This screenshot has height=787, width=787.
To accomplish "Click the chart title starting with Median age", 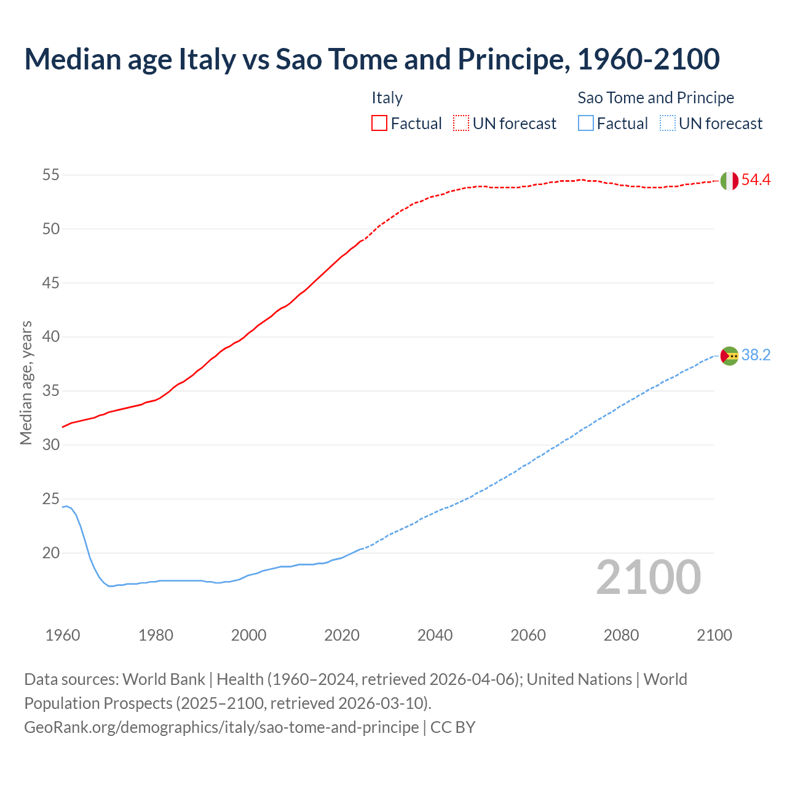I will pyautogui.click(x=371, y=59).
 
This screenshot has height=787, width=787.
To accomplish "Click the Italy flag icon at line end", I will pyautogui.click(x=729, y=181).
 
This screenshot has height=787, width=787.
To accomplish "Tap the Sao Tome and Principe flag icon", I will pyautogui.click(x=729, y=355).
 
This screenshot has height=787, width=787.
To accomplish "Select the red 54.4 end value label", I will pyautogui.click(x=756, y=180).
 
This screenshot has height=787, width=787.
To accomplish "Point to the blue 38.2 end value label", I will pyautogui.click(x=756, y=355).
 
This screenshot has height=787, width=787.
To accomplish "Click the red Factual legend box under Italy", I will pyautogui.click(x=379, y=124).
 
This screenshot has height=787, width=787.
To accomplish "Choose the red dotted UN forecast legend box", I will pyautogui.click(x=461, y=124).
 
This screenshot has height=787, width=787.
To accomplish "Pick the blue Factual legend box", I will pyautogui.click(x=585, y=124).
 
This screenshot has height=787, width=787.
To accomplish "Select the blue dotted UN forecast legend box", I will pyautogui.click(x=667, y=124).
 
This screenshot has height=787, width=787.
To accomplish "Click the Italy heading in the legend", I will pyautogui.click(x=387, y=98).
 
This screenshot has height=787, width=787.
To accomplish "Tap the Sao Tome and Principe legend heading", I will pyautogui.click(x=655, y=98).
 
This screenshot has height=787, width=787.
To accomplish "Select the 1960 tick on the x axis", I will pyautogui.click(x=63, y=635).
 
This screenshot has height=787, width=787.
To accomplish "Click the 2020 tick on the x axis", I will pyautogui.click(x=342, y=635).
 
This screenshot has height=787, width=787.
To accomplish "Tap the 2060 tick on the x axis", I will pyautogui.click(x=528, y=635).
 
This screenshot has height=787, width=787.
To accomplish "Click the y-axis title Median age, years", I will pyautogui.click(x=26, y=382).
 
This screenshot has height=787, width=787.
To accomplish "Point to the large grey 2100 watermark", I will pyautogui.click(x=648, y=577).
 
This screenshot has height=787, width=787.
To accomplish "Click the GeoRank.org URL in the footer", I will pyautogui.click(x=221, y=727).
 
